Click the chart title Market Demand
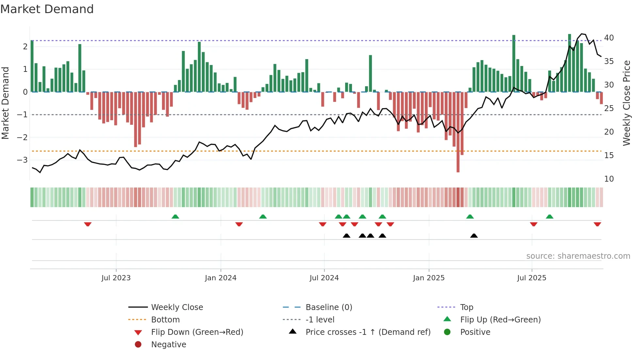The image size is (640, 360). pos(47,9)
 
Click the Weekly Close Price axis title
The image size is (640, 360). pos(626,103)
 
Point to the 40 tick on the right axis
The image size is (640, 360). pos(609,38)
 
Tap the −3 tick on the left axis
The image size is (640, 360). pos(22,160)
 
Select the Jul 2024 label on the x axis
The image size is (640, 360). pos(324,278)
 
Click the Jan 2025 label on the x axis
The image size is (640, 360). pos(428,278)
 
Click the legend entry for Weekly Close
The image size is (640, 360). pos(177,307)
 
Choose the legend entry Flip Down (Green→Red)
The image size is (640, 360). pos(197,332)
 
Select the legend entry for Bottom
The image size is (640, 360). pos(165,319)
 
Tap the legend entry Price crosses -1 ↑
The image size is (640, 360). pos(368,332)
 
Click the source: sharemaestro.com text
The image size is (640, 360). pos(578,256)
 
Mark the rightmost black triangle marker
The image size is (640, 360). pos(474,236)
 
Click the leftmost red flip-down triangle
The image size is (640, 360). pos(88,224)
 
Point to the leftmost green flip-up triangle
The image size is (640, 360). pos(175,216)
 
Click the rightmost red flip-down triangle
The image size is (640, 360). pos(597,224)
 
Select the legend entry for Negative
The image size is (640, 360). pos(168,344)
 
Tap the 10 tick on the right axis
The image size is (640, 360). pos(609,179)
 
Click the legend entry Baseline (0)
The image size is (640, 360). pos(328,307)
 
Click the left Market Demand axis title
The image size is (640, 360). pos(6,103)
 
